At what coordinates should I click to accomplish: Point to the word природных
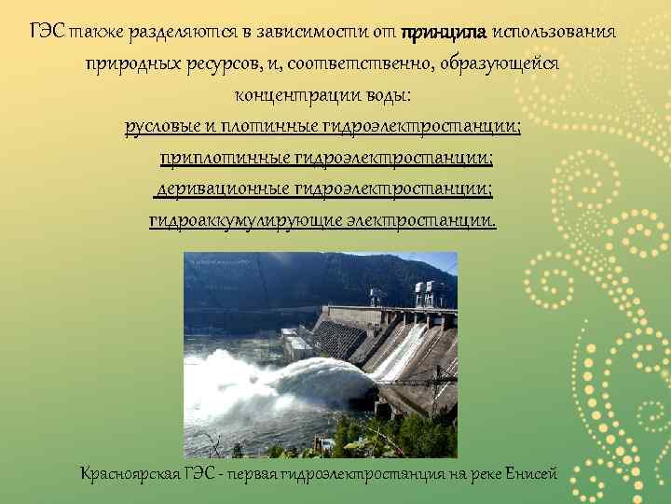[129, 64]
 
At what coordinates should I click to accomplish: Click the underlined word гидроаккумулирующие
[237, 221]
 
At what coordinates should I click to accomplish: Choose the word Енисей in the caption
[530, 474]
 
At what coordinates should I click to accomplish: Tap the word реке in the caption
[479, 474]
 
